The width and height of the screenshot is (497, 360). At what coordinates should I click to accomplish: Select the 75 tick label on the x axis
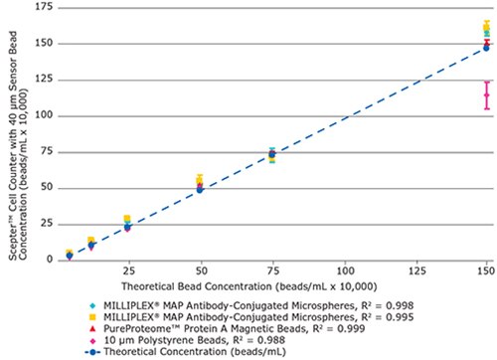coord(272,270)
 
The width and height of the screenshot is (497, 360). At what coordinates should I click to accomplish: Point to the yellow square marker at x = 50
coord(200,179)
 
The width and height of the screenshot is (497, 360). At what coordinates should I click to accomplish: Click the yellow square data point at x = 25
coord(127,219)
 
